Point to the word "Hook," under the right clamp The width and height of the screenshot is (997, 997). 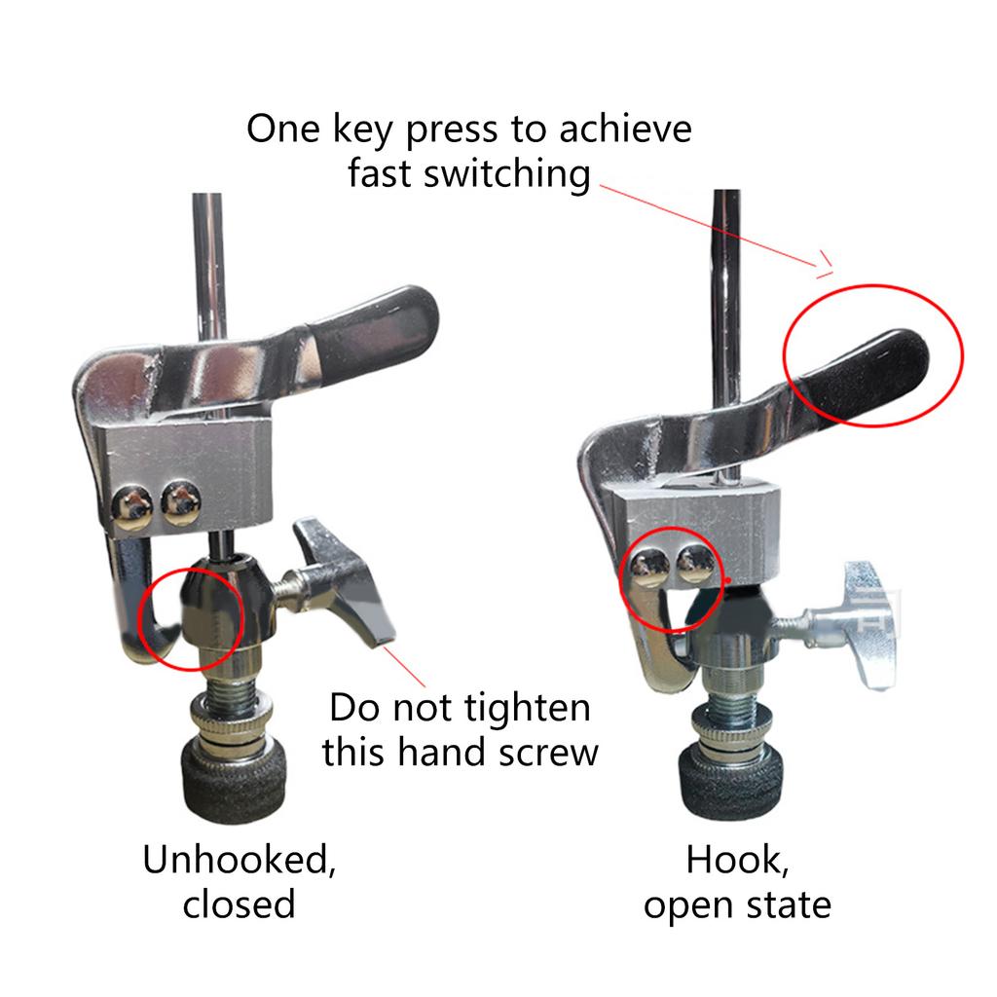point(736,860)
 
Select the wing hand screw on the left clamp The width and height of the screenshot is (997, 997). point(346,585)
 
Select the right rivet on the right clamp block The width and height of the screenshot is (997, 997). point(692,559)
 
